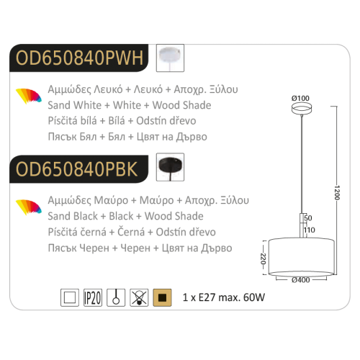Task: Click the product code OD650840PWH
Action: (79, 58)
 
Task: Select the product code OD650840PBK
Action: (76, 169)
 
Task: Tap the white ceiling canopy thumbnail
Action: (170, 58)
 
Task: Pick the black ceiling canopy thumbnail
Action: (170, 167)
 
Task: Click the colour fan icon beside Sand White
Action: (29, 96)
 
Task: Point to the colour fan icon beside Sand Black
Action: (29, 207)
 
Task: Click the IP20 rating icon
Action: (93, 297)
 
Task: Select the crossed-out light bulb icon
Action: (139, 297)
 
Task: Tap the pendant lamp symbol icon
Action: (116, 297)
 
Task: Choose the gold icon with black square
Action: (162, 297)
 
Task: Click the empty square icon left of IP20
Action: (70, 297)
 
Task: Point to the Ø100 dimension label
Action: (300, 98)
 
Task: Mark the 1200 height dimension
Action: (337, 192)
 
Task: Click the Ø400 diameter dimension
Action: (301, 280)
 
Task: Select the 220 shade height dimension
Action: (264, 258)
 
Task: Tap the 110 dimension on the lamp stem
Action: (310, 230)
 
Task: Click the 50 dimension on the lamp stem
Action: (308, 218)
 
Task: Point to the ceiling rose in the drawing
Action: (302, 108)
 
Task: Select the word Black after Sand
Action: (86, 216)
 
